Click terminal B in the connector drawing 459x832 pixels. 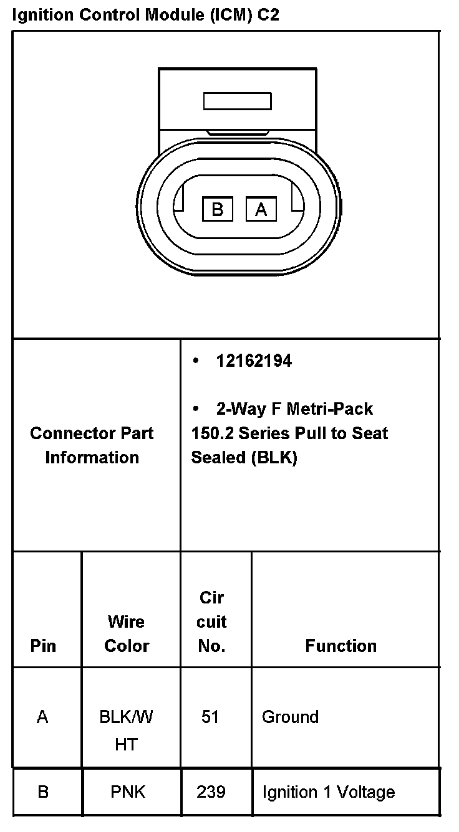217,209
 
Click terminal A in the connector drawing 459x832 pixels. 261,209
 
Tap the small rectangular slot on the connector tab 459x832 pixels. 237,101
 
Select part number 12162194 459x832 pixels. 254,361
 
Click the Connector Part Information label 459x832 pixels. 92,445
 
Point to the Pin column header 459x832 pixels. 43,646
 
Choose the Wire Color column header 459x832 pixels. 127,633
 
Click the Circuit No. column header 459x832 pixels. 212,622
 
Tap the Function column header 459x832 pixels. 341,646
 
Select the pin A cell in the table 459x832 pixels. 42,717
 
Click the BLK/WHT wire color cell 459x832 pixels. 127,730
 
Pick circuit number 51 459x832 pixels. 210,717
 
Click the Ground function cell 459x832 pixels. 290,717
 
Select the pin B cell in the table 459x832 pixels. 43,792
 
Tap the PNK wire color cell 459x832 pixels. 128,792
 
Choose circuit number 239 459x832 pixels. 211,792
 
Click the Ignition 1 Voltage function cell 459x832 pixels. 328,792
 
